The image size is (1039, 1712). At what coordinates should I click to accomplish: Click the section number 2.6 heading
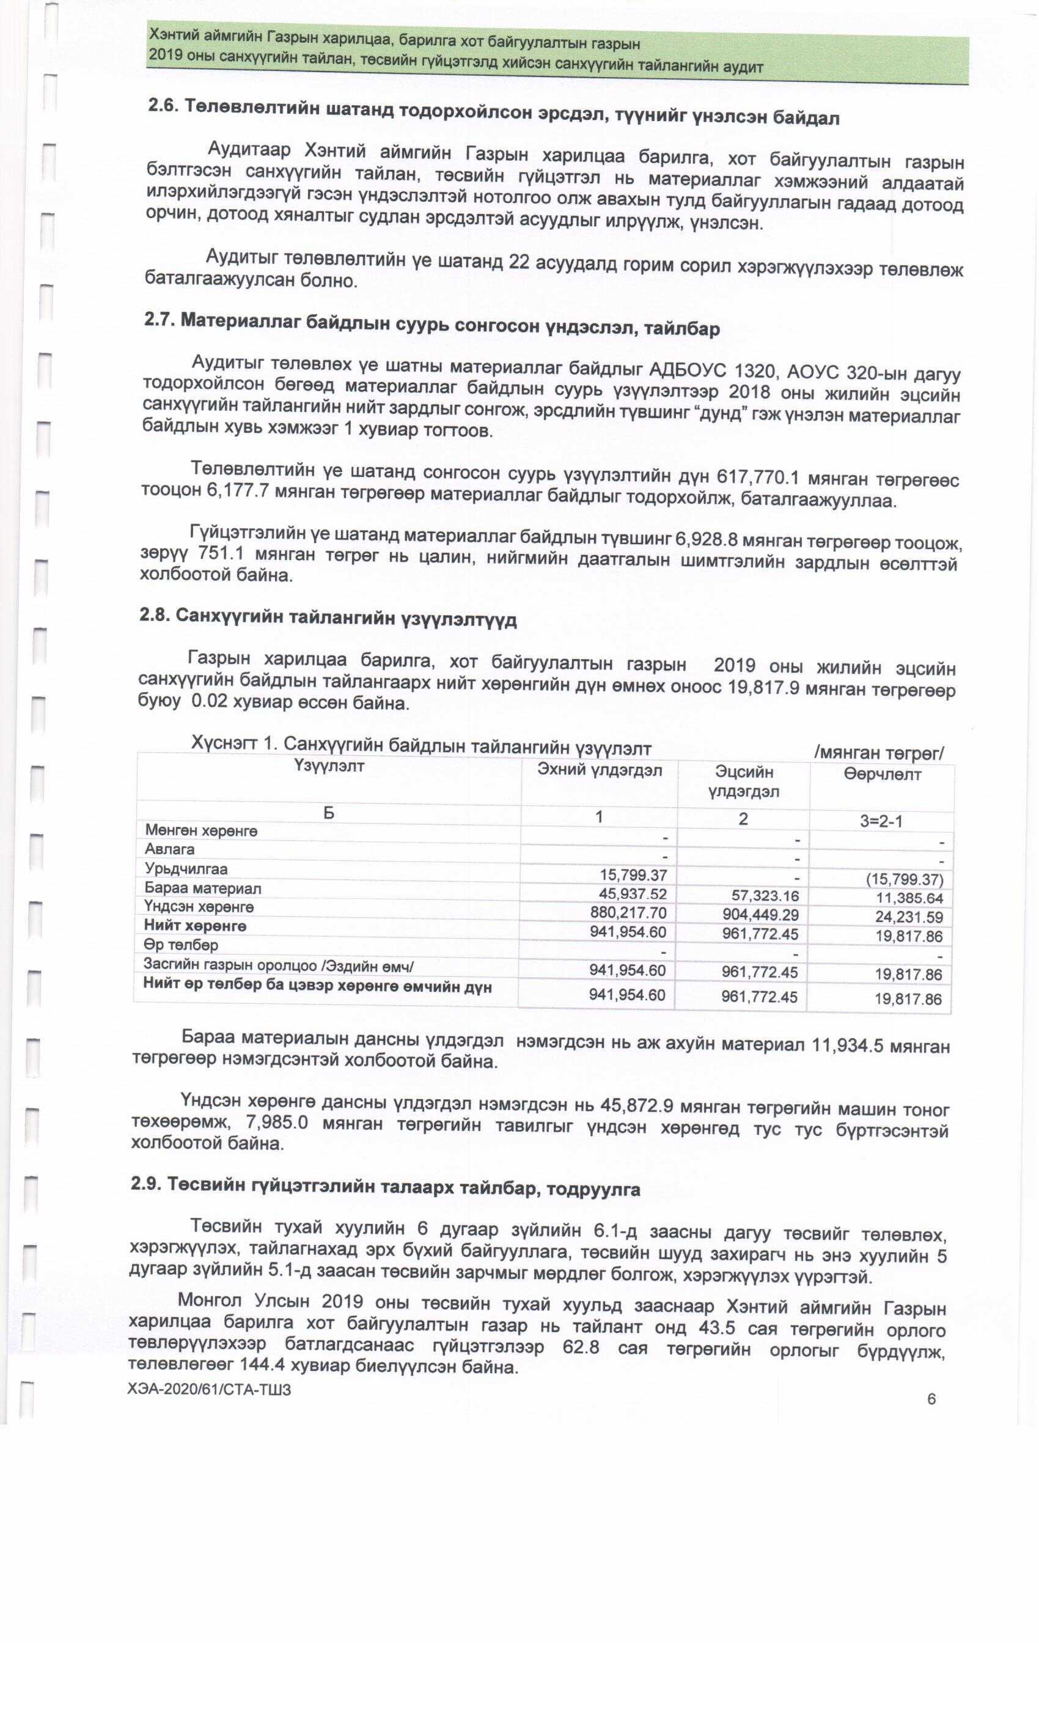point(493,113)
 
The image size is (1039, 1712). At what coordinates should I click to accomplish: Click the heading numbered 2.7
point(431,325)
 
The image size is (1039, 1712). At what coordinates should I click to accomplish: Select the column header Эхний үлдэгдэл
point(600,770)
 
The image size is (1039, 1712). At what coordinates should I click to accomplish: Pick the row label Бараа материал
point(203,888)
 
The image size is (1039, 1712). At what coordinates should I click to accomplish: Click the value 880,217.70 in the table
point(628,912)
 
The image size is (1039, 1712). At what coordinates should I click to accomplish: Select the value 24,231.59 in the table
point(908,917)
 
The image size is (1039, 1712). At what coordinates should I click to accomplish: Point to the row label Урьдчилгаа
point(186,868)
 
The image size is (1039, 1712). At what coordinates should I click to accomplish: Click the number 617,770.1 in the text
point(753,478)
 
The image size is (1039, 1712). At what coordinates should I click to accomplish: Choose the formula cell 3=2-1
point(881,821)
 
